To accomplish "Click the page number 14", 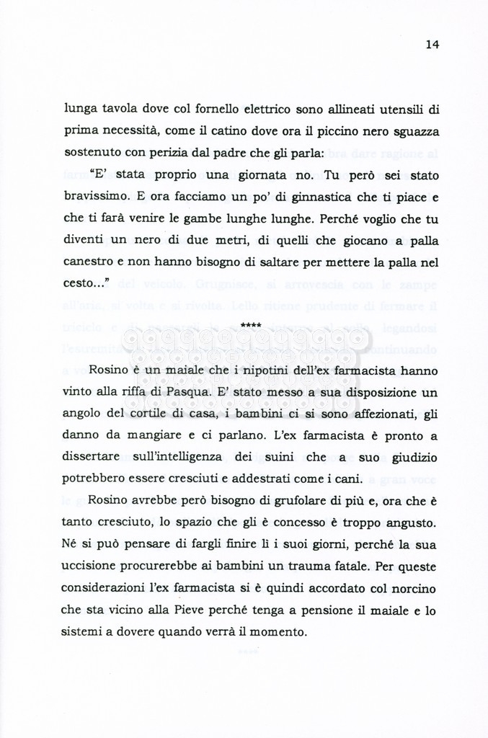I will pyautogui.click(x=432, y=45).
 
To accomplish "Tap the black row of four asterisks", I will pyautogui.click(x=251, y=326).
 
